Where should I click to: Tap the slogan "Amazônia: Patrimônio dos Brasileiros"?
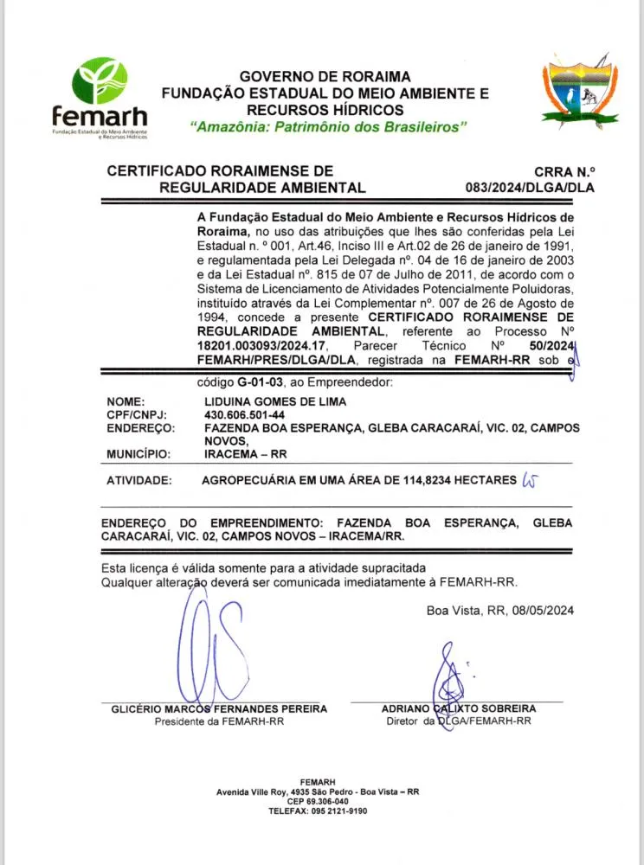tap(328, 127)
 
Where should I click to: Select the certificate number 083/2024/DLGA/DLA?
tap(530, 187)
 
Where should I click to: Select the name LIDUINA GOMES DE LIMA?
tap(275, 402)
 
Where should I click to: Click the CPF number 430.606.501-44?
tap(245, 415)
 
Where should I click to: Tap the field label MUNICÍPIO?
tap(138, 453)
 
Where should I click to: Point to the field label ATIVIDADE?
tap(138, 480)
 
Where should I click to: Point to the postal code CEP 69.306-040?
tap(317, 801)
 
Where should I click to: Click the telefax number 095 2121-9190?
tap(338, 811)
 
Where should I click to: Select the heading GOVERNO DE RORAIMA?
tap(325, 76)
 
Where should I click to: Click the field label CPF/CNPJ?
tap(136, 415)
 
